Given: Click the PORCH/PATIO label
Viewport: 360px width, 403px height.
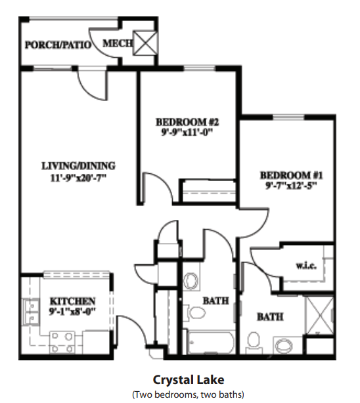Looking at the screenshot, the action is [58, 45].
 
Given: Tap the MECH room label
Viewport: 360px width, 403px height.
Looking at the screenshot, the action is [118, 43].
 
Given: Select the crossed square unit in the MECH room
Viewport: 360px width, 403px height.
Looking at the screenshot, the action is [145, 43].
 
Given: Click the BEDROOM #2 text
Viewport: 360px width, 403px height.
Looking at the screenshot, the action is [187, 122].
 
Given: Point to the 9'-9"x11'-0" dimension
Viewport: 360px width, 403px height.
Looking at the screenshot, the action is [187, 133].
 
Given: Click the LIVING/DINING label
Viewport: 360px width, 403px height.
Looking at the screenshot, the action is [78, 166].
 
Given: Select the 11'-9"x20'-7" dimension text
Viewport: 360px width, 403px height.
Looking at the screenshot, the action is [78, 178].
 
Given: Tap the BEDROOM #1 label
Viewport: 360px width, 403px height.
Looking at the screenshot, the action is [291, 175].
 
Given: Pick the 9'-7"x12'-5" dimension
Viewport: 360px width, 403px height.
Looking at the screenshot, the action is [291, 186].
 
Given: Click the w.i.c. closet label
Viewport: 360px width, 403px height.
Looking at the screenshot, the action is [306, 266].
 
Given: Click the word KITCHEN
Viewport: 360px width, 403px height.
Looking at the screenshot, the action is [72, 301].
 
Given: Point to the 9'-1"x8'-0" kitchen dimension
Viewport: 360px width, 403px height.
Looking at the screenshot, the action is [72, 312].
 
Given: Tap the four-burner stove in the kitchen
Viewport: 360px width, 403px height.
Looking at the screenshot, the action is [62, 343].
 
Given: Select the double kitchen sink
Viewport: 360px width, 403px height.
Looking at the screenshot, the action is [31, 312].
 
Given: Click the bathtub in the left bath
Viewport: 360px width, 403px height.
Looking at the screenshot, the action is [212, 343].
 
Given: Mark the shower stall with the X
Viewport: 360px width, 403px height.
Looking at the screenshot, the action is [319, 315].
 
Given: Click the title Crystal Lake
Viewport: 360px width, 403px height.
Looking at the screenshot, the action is [189, 380].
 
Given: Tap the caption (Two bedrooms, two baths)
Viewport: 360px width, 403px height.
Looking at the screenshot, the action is [188, 394].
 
